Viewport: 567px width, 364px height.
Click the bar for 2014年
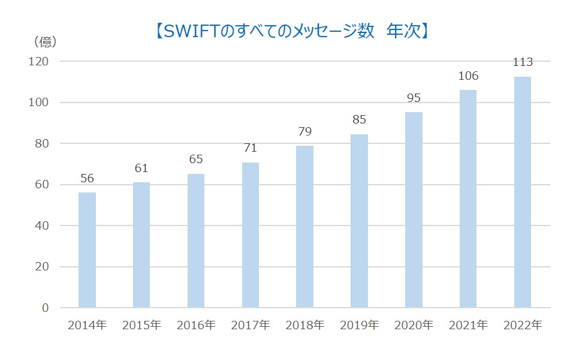click(87, 250)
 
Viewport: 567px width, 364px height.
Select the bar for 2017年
click(251, 235)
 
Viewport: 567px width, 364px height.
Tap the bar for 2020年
click(414, 210)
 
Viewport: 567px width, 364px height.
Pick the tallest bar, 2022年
click(523, 192)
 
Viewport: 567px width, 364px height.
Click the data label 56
click(87, 178)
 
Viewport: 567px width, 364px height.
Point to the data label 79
click(305, 131)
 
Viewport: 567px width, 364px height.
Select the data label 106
click(468, 76)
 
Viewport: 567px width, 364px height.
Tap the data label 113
click(523, 62)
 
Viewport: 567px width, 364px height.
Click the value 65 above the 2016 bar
click(196, 160)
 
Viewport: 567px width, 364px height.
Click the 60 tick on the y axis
click(41, 185)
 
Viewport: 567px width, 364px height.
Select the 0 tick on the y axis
click(44, 308)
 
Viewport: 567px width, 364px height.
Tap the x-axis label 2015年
click(141, 326)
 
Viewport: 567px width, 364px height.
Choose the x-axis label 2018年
click(305, 326)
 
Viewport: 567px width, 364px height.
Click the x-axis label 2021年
click(468, 326)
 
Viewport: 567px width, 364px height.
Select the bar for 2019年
click(360, 221)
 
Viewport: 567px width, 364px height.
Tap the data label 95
click(414, 98)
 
